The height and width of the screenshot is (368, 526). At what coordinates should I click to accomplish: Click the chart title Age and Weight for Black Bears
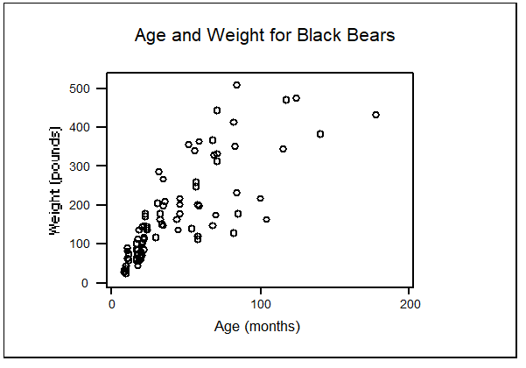[265, 36]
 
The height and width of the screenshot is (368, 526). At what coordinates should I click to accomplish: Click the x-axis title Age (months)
[257, 327]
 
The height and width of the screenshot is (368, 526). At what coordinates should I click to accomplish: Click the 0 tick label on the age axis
[111, 303]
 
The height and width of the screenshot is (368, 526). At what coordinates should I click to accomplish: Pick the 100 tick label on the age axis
[261, 303]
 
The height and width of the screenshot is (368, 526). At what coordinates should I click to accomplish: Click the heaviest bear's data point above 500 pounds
[236, 85]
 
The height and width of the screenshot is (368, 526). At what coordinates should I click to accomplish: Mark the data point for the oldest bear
[375, 115]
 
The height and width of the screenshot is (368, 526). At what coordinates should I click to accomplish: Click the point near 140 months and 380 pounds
[320, 134]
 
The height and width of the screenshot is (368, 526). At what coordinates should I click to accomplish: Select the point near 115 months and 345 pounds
[283, 149]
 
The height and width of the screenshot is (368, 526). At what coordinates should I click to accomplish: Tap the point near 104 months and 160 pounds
[266, 219]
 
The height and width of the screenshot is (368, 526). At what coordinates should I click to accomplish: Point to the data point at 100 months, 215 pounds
[260, 199]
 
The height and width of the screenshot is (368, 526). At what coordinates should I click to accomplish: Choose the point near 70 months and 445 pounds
[217, 110]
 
